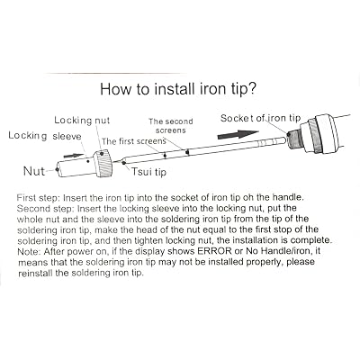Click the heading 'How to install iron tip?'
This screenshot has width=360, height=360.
point(178,89)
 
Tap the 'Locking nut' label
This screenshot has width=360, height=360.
point(82,121)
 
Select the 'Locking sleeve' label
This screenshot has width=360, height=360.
point(45,136)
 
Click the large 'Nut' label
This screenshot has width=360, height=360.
point(34,171)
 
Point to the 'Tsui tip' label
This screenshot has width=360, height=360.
point(148,172)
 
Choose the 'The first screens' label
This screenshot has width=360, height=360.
point(134,141)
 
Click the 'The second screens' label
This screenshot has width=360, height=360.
point(171,126)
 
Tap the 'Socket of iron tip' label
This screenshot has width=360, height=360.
point(260,118)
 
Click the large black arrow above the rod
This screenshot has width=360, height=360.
point(238,134)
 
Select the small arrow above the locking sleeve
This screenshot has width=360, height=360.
point(74,156)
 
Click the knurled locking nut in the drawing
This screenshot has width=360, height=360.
point(103,164)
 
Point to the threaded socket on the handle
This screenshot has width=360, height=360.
point(294,138)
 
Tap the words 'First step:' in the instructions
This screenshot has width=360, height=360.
point(39,198)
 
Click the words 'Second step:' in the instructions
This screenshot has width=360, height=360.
point(46,209)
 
